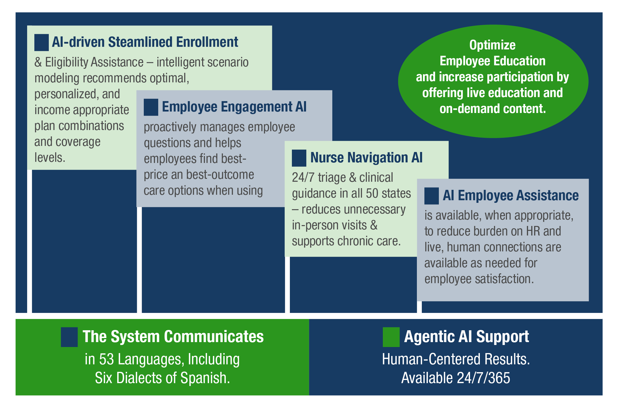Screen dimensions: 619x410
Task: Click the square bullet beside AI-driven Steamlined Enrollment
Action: (42, 42)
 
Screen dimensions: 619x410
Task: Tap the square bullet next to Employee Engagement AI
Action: (151, 107)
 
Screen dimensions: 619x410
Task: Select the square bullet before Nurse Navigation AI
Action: (299, 158)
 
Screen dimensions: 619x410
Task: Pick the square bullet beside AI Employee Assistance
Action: (432, 196)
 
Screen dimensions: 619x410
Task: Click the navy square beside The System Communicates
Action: (69, 337)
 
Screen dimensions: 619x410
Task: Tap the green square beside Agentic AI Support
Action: (391, 337)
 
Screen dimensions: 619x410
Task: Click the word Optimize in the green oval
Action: (493, 45)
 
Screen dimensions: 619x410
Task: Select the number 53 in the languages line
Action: (107, 359)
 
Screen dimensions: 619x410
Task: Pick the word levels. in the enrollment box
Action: (50, 158)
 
